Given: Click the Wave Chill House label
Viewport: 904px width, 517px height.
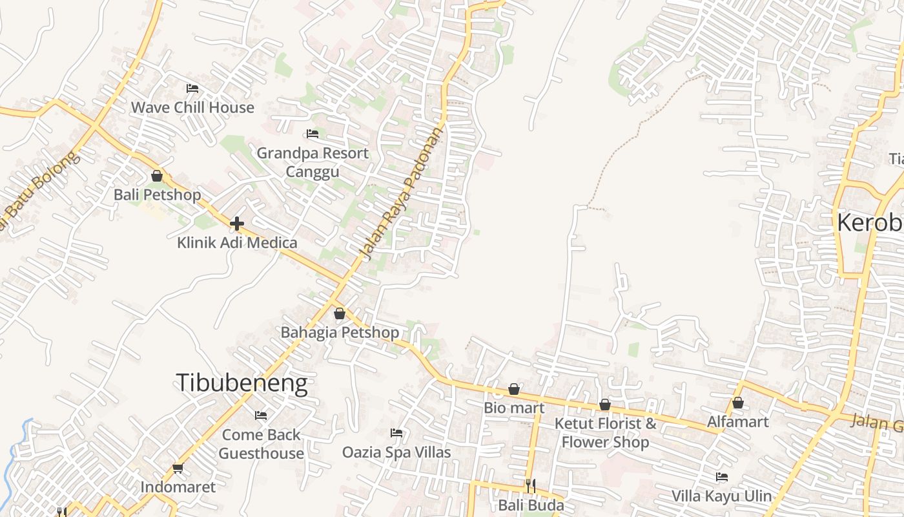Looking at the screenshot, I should tap(192, 107).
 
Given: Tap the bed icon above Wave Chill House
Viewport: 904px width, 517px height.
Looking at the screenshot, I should tap(192, 89).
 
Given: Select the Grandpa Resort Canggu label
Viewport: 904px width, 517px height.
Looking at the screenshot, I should tap(313, 162).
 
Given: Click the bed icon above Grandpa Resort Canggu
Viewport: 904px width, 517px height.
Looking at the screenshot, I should tap(313, 134).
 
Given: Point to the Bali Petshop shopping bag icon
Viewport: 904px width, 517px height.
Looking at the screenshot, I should tap(156, 176).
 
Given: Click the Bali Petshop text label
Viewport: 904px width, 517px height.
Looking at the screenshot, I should tap(157, 195).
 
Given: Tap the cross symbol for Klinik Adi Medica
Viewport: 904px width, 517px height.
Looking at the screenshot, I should tap(237, 224).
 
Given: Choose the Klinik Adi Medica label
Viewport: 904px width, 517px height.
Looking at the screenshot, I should tap(237, 243).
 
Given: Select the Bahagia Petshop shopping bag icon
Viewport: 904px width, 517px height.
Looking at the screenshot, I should tap(340, 314).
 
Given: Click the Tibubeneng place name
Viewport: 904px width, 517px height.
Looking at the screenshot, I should tap(241, 383).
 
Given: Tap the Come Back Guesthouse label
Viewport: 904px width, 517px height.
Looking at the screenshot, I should tap(261, 444).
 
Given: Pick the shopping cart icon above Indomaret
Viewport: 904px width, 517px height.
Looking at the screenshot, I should tap(178, 468).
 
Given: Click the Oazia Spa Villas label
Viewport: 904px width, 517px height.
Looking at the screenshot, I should tap(396, 452).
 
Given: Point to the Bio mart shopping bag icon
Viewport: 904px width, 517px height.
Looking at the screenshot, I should tap(514, 389).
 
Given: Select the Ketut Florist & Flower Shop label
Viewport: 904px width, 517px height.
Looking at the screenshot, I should tap(605, 433).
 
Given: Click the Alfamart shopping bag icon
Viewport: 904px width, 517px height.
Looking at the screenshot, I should tap(738, 403).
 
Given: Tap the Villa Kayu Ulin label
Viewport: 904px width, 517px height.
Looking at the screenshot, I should tap(721, 496).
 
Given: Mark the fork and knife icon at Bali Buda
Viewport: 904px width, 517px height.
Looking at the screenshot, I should tap(531, 485).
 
